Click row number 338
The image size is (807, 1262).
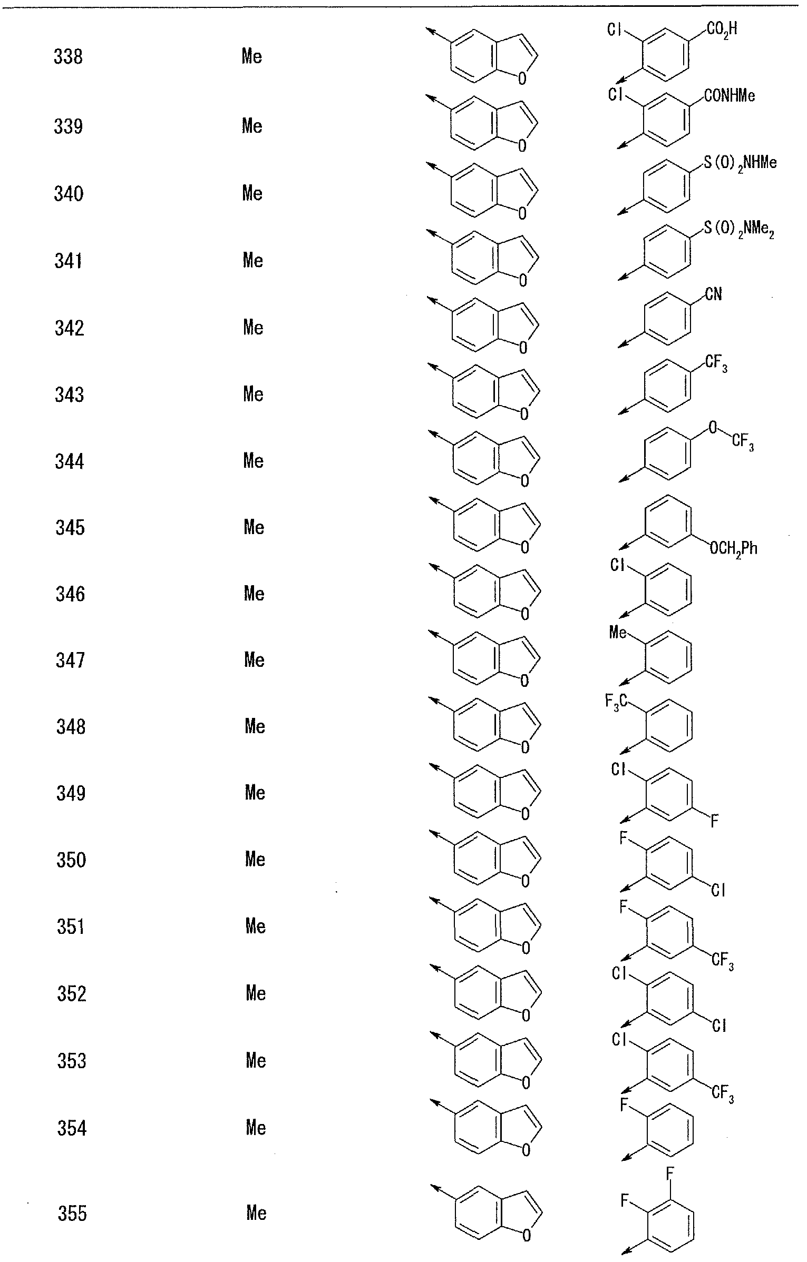coord(69,57)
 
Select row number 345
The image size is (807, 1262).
coord(70,527)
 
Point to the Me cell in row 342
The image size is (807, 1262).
coord(253,328)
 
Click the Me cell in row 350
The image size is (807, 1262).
coord(255,860)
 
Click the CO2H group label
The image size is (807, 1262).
coord(722,29)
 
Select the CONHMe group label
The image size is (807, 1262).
coord(730,95)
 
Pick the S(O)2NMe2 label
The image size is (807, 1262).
coord(740,231)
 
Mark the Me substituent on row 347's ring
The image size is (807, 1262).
coord(618,632)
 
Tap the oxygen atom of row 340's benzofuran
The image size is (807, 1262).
coord(522,213)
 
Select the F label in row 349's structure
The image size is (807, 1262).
coord(715,821)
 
